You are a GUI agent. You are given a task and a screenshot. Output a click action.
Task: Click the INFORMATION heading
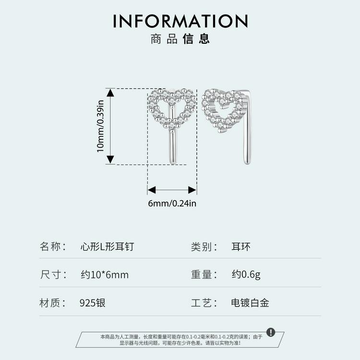click(180, 21)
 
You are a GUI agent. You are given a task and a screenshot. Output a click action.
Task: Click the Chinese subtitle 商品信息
click(180, 38)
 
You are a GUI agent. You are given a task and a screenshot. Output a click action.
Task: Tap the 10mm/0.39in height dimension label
click(100, 126)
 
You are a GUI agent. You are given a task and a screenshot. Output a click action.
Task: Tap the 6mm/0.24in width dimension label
click(172, 204)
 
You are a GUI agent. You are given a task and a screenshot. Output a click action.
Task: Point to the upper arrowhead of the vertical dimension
click(110, 93)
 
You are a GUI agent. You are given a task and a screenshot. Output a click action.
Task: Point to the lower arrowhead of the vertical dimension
click(110, 159)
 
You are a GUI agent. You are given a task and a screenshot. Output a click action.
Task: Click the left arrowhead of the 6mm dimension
click(152, 190)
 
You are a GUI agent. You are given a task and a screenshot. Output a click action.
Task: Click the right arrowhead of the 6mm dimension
click(192, 190)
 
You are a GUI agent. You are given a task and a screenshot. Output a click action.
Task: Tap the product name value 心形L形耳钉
click(107, 247)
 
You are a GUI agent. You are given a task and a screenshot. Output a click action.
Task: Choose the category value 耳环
click(241, 247)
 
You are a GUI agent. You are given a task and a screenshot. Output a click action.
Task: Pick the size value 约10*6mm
click(105, 275)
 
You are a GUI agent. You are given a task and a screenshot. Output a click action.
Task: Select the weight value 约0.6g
click(246, 275)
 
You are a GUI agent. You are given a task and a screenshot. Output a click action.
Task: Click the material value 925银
click(93, 303)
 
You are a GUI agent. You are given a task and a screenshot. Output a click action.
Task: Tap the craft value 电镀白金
click(250, 303)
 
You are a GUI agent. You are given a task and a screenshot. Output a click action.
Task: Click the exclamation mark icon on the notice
click(271, 332)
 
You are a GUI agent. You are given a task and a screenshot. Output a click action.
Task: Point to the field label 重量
click(201, 275)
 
